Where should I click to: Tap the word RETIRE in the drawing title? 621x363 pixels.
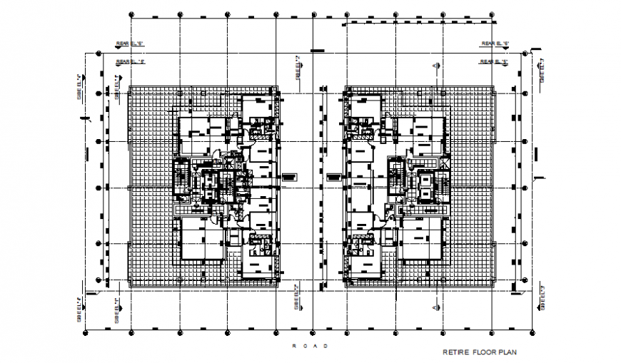tap(454, 352)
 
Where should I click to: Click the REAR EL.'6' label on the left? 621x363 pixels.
tap(131, 44)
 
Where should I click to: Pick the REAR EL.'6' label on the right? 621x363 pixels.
tap(494, 44)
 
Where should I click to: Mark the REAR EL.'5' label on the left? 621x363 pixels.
tap(131, 61)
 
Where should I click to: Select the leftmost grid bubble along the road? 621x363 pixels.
tap(86, 332)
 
